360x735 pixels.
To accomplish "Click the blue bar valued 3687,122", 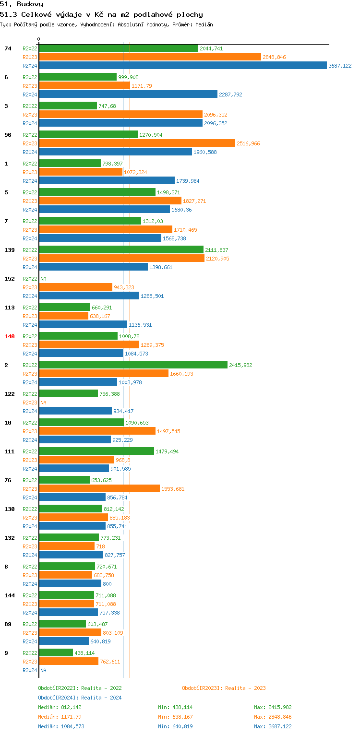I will (x=182, y=66).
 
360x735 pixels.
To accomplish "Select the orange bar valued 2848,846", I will (x=150, y=57).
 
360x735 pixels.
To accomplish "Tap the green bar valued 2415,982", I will (x=133, y=365).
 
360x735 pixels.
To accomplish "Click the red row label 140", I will (x=10, y=336).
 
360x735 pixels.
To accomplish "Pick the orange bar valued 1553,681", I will (x=99, y=489).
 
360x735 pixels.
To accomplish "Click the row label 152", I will (x=10, y=279).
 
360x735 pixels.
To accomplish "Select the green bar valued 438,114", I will (x=56, y=653).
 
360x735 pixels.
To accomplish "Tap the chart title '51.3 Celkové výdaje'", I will (x=101, y=14).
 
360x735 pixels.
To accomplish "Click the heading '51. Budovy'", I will (x=22, y=4).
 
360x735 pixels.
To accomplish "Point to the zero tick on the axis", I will (x=39, y=39).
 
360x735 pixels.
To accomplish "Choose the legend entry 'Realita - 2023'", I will (x=224, y=688).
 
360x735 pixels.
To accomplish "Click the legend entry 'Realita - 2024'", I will (x=80, y=698).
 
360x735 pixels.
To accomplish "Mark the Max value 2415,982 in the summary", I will (x=273, y=707).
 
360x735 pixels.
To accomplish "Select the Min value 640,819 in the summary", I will (x=175, y=726).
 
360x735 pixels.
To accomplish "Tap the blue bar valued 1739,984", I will (x=107, y=181).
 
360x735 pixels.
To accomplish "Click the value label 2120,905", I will (x=217, y=259).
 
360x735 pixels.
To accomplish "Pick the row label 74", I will (x=8, y=48).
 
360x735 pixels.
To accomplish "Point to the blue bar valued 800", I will (x=70, y=584).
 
